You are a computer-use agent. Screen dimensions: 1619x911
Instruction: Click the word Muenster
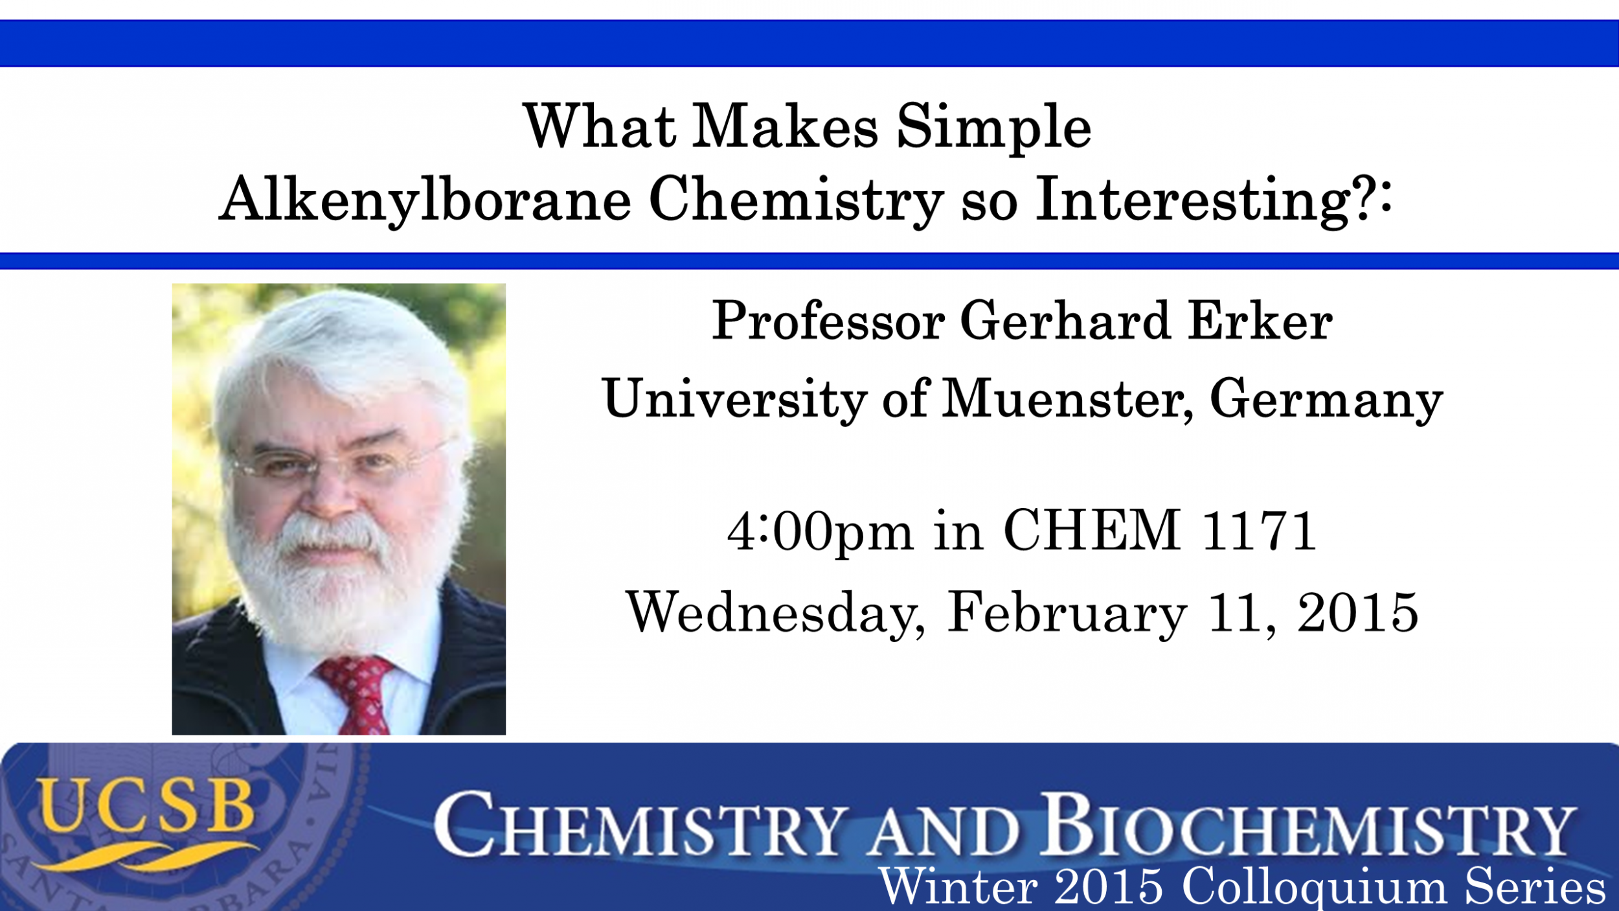[x=1067, y=400]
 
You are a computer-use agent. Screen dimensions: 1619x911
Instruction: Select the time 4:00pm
[x=820, y=531]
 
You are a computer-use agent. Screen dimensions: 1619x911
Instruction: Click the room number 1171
[x=1259, y=530]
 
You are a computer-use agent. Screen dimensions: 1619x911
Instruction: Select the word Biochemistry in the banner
[x=1308, y=824]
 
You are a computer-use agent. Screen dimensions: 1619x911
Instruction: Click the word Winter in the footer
[x=958, y=886]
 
